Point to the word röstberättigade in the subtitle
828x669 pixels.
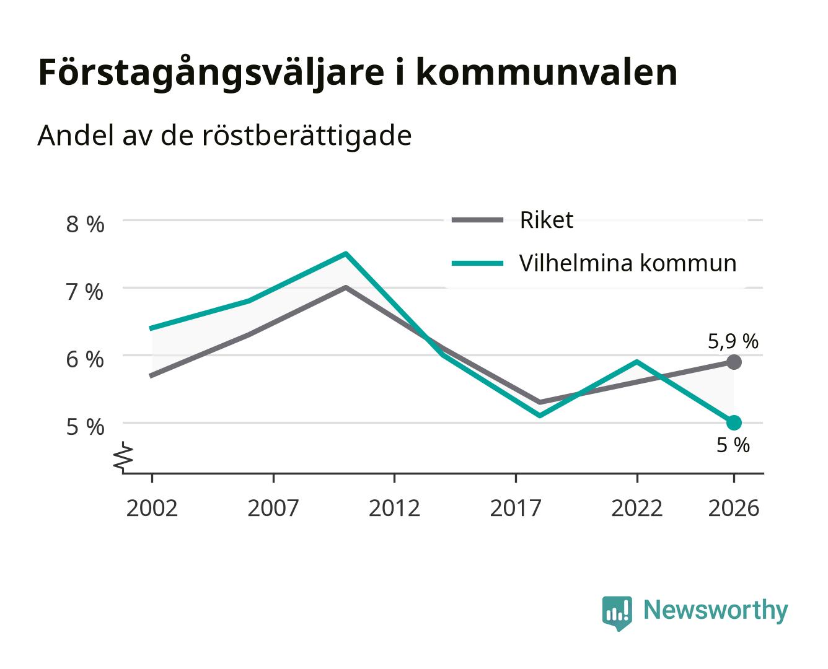click(307, 136)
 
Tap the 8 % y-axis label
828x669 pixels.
click(85, 224)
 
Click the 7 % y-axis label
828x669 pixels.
click(85, 292)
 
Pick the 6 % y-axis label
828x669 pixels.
click(85, 359)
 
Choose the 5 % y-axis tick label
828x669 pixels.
click(85, 427)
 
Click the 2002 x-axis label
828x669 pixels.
click(152, 508)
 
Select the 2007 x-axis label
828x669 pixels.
click(273, 508)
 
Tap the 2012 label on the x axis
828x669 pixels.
click(394, 508)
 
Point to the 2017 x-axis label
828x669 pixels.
click(516, 508)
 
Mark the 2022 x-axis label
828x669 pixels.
click(636, 508)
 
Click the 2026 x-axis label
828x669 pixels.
click(734, 508)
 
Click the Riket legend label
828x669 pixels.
click(546, 220)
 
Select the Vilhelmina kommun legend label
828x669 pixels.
click(628, 263)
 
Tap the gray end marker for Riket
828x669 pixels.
click(734, 362)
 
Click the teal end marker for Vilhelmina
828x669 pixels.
click(734, 422)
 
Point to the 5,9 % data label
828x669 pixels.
click(733, 341)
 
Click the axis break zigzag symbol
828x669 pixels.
click(123, 457)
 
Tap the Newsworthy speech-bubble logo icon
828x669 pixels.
click(617, 613)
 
